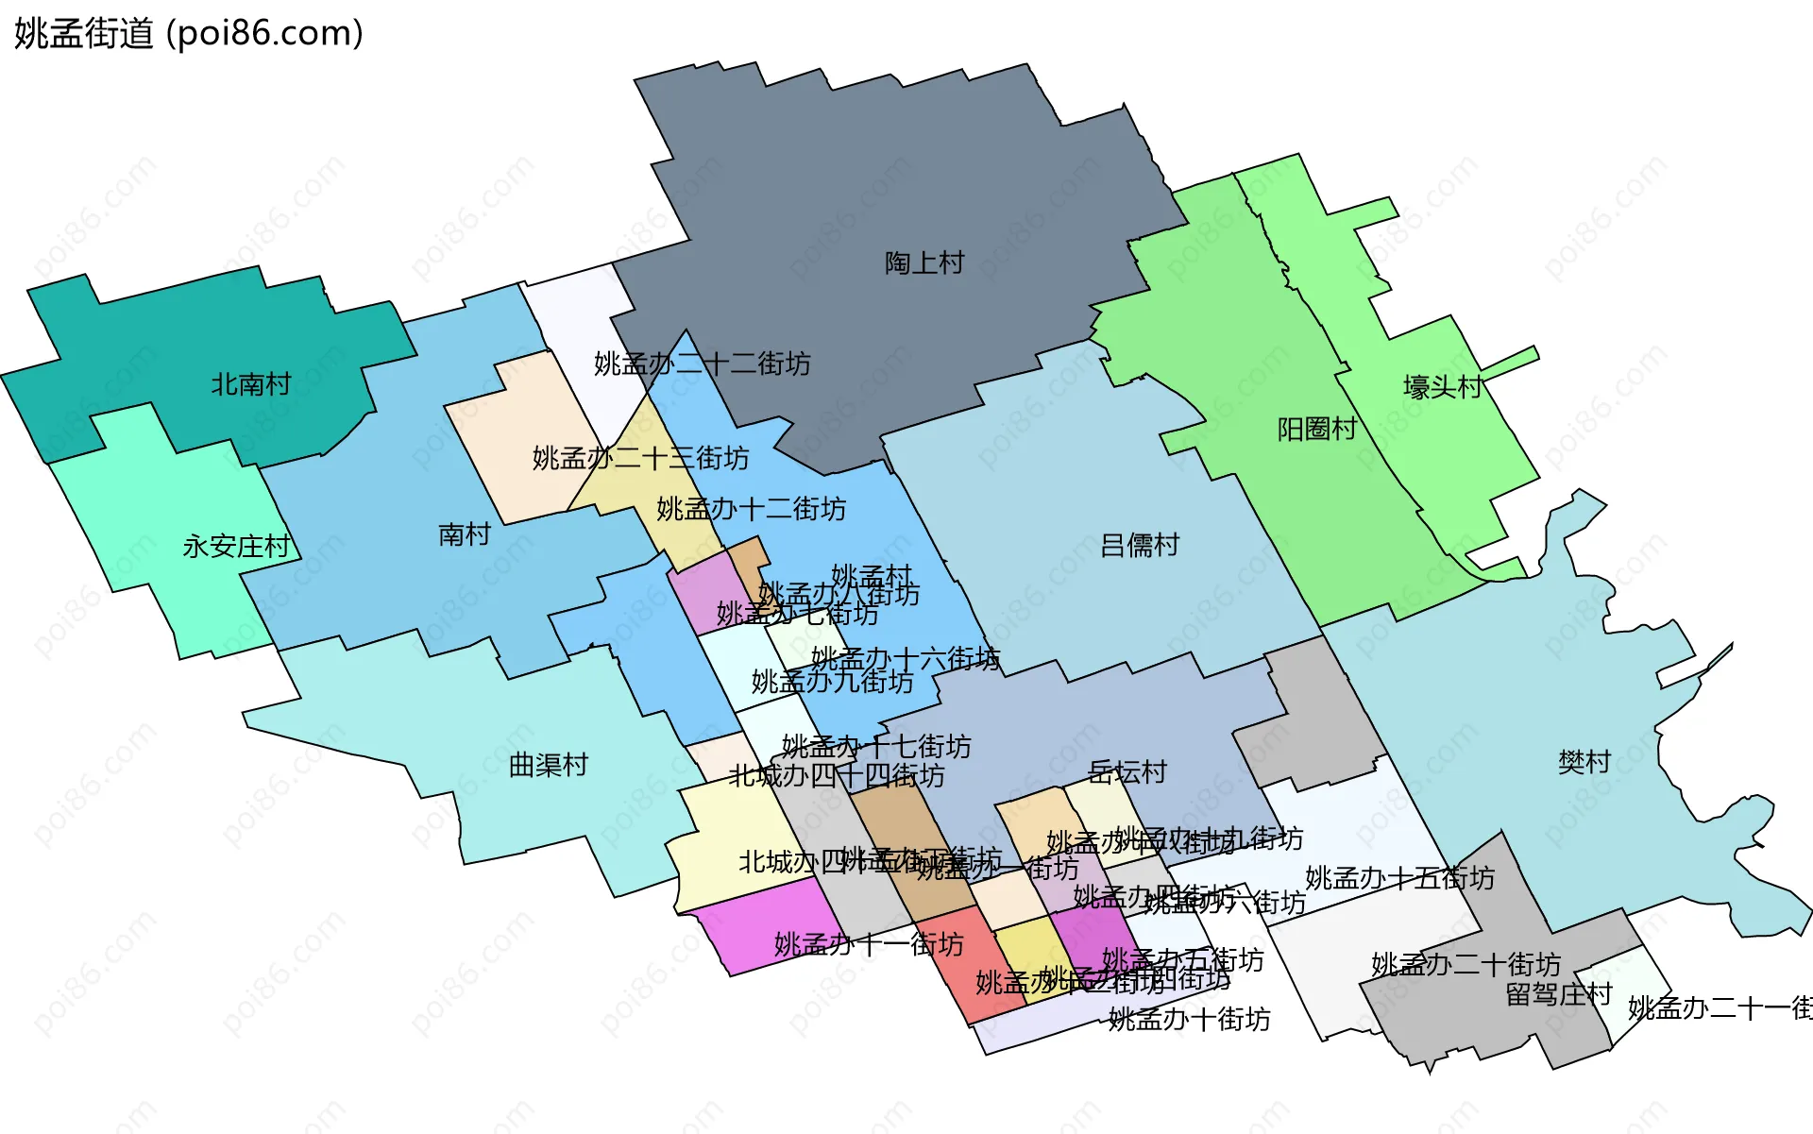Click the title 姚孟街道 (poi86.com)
[x=189, y=34]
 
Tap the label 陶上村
[x=924, y=263]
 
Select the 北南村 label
[x=250, y=384]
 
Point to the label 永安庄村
[x=236, y=547]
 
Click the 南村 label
[x=465, y=535]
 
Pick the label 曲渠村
[x=549, y=765]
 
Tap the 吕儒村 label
[x=1140, y=546]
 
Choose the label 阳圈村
[x=1316, y=430]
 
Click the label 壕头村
[x=1442, y=387]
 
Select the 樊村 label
[x=1584, y=762]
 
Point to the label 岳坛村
[x=1127, y=772]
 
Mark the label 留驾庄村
[x=1558, y=994]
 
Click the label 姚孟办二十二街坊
[x=702, y=364]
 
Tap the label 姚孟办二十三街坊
[x=640, y=458]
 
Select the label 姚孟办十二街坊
[x=751, y=509]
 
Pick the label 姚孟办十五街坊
[x=1399, y=878]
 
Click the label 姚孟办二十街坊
[x=1466, y=964]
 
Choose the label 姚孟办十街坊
[x=1189, y=1019]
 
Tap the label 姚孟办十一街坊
[x=869, y=944]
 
